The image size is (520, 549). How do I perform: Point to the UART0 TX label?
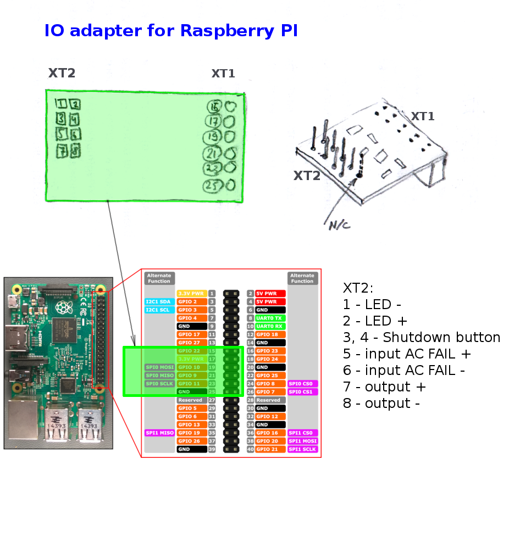tap(270, 318)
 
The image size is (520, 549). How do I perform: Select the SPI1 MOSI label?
tap(302, 441)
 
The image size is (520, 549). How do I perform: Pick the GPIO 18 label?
tap(270, 334)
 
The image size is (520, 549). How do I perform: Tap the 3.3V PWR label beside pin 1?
tap(192, 294)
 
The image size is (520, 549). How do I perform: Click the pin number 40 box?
tap(250, 449)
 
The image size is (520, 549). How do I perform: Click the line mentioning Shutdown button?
tap(422, 337)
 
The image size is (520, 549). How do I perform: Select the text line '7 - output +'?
tap(384, 386)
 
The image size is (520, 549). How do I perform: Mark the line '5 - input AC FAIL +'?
tap(407, 354)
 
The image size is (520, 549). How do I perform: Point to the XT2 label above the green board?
tap(62, 73)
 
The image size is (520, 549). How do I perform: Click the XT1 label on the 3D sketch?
tap(423, 116)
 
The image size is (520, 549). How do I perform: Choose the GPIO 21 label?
tap(270, 449)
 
